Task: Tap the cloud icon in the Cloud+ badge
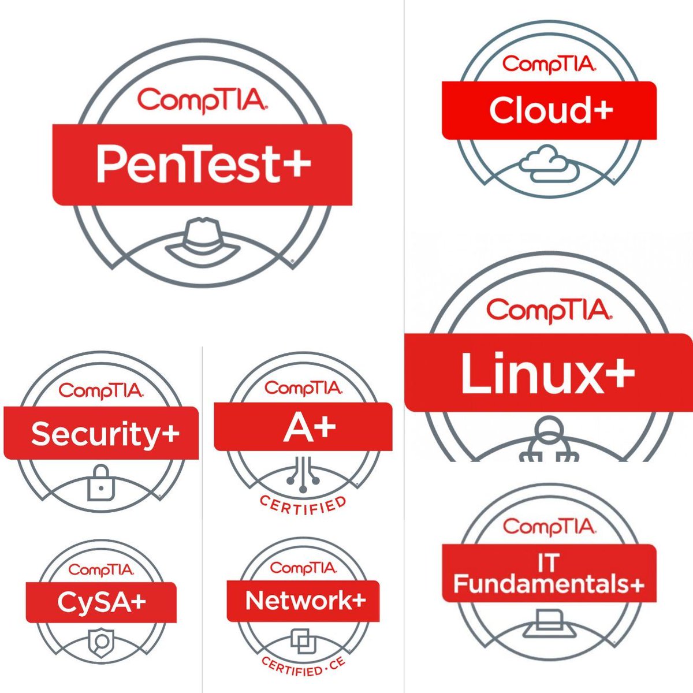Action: pos(547,163)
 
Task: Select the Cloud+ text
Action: pos(550,110)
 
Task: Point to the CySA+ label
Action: pos(102,602)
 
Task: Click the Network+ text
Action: pos(305,601)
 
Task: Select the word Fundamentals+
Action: pos(549,584)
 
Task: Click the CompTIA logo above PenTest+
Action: pos(202,99)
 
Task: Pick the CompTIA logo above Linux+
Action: pos(548,310)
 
